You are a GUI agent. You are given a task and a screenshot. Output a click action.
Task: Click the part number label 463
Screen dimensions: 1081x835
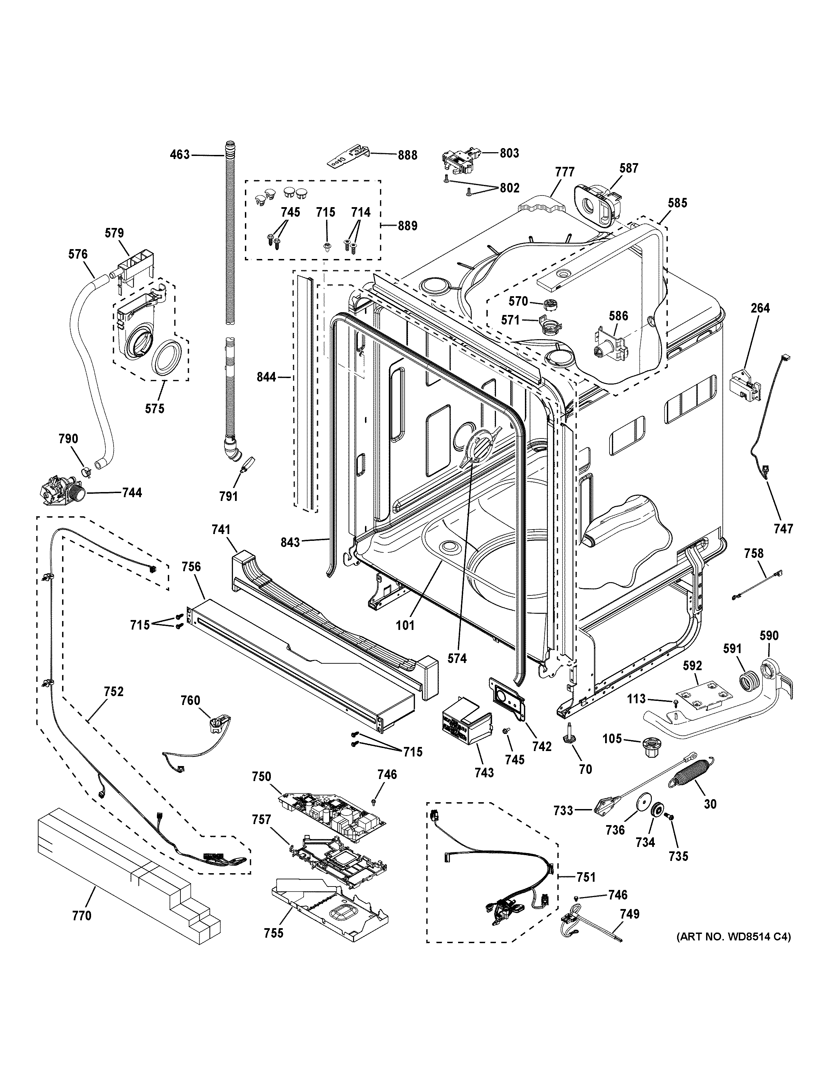pyautogui.click(x=179, y=155)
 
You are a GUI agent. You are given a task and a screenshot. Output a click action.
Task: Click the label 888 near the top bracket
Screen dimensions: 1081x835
pyautogui.click(x=408, y=155)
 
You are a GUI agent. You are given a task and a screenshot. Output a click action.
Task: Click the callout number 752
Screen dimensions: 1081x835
pyautogui.click(x=114, y=691)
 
